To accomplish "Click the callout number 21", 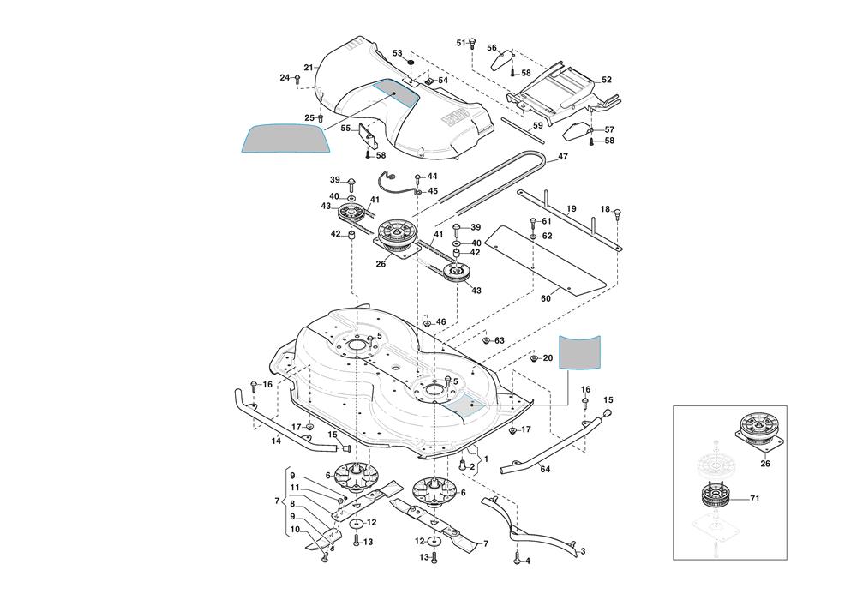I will coord(309,68).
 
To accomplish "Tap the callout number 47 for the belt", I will coord(563,157).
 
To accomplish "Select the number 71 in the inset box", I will coord(755,498).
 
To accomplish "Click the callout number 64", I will coord(545,469).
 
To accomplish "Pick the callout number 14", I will coord(276,441).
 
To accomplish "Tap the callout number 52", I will coord(607,80).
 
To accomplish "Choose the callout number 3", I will coord(583,551).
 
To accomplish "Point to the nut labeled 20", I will coord(533,358).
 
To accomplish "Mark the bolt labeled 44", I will coord(417,178).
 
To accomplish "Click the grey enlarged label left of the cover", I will coord(287,138).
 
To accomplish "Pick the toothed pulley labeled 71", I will coord(713,497).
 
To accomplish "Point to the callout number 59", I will coord(537,126).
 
